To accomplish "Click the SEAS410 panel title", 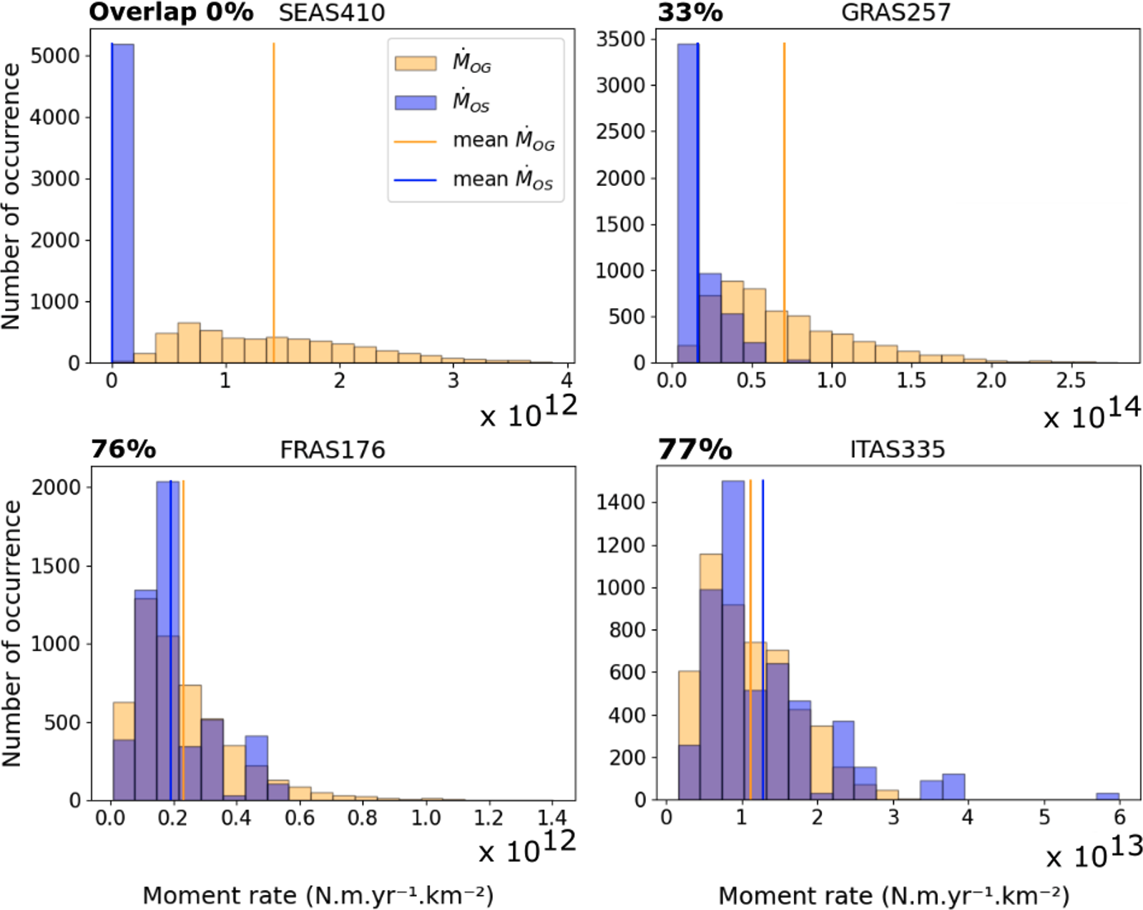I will pos(331,13).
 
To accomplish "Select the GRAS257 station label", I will pos(896,13).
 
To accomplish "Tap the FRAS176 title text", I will pos(332,450).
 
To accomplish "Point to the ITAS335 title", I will pos(897,450).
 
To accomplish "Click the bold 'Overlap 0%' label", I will pos(171,12).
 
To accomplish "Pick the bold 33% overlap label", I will pos(690,13).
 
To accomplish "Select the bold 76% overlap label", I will pos(123,450).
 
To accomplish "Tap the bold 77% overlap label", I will pos(695,450).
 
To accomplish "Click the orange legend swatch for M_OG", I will pos(416,64).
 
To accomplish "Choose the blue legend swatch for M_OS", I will pos(416,103).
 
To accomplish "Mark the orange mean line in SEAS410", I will pos(273,179).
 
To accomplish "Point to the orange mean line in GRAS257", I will pos(784,179).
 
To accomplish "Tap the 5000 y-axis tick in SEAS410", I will pos(54,56).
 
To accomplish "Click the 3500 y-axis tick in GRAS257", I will pos(620,39).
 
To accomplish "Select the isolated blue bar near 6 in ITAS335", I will pos(1107,796).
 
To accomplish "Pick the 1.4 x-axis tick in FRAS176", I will pos(551,817).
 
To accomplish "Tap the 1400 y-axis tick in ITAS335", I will pos(620,503).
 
